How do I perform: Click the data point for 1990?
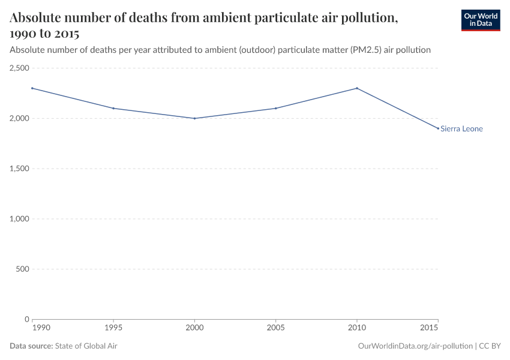[32, 88]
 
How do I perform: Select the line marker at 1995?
[113, 109]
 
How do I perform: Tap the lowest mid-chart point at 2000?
[194, 118]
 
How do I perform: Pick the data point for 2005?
[275, 109]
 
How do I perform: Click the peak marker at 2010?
[357, 88]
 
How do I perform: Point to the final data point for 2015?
[438, 128]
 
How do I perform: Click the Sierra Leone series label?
[461, 129]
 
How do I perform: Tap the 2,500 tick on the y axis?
[19, 68]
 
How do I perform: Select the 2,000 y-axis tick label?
[19, 118]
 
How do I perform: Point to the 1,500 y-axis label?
[19, 169]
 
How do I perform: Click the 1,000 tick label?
[19, 219]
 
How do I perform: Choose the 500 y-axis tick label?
[23, 269]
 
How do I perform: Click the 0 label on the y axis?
[26, 319]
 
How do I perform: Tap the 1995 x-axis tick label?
[113, 329]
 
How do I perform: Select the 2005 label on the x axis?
[275, 329]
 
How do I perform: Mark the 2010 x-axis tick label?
[357, 329]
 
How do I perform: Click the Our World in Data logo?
[480, 20]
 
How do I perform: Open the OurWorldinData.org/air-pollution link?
[414, 346]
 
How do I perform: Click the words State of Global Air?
[86, 346]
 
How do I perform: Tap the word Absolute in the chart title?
[37, 18]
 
